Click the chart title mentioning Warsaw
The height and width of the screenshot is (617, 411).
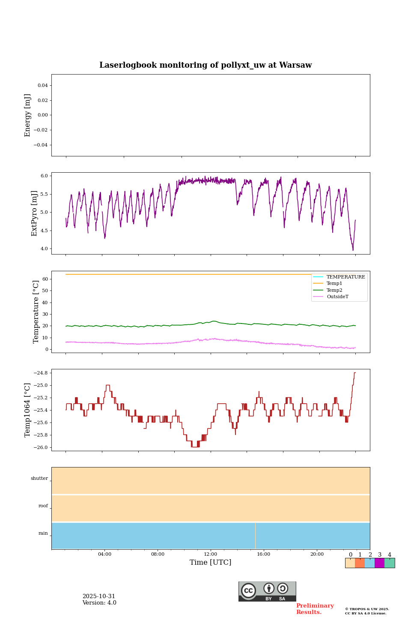pyautogui.click(x=205, y=65)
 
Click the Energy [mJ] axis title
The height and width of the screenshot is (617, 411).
pyautogui.click(x=28, y=115)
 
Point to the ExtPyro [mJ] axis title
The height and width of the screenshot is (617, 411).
pyautogui.click(x=35, y=213)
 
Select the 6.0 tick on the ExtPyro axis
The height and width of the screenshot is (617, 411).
pyautogui.click(x=44, y=176)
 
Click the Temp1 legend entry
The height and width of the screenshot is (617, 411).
pyautogui.click(x=334, y=284)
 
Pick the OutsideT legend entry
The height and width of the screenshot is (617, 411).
pyautogui.click(x=337, y=297)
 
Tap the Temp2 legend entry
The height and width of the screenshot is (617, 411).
pyautogui.click(x=334, y=290)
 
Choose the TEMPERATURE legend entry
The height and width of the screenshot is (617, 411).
pyautogui.click(x=345, y=277)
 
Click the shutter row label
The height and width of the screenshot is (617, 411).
pyautogui.click(x=39, y=479)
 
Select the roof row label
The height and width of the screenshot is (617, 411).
pyautogui.click(x=43, y=506)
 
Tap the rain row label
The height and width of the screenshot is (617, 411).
pyautogui.click(x=43, y=533)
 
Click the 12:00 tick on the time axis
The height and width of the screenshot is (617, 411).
pyautogui.click(x=211, y=554)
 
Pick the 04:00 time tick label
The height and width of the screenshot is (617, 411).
pyautogui.click(x=104, y=554)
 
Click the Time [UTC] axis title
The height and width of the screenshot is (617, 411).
pyautogui.click(x=211, y=562)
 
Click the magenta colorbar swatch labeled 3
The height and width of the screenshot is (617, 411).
pyautogui.click(x=379, y=563)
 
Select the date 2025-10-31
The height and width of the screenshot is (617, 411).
pyautogui.click(x=99, y=596)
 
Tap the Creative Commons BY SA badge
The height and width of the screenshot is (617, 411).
pyautogui.click(x=267, y=591)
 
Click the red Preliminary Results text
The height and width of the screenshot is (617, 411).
pyautogui.click(x=315, y=609)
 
